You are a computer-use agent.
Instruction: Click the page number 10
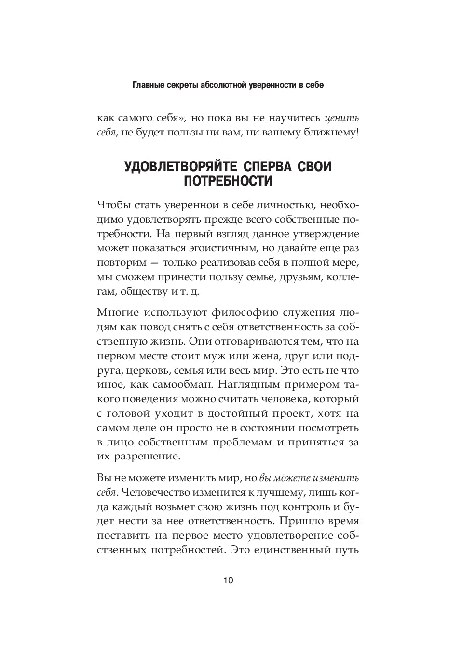(228, 580)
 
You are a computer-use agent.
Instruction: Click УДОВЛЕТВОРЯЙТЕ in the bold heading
(181, 166)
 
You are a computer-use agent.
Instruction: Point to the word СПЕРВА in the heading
(268, 166)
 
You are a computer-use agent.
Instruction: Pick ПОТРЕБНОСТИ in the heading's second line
(228, 181)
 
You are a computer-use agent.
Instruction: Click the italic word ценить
(342, 118)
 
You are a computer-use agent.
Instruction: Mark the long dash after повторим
(154, 263)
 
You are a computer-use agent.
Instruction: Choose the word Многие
(116, 312)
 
